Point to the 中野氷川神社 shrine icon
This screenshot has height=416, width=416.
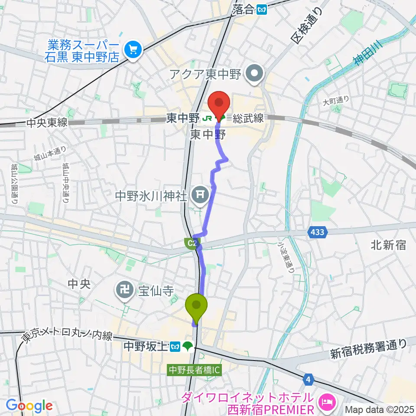pyautogui.click(x=199, y=194)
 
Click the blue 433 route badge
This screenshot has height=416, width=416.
pyautogui.click(x=317, y=233)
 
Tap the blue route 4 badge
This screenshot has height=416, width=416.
pyautogui.click(x=308, y=380)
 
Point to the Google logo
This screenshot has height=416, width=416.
pyautogui.click(x=29, y=406)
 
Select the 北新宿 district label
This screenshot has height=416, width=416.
pyautogui.click(x=388, y=245)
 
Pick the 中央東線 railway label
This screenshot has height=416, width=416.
pyautogui.click(x=47, y=123)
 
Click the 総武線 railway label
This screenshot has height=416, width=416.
pyautogui.click(x=247, y=118)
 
